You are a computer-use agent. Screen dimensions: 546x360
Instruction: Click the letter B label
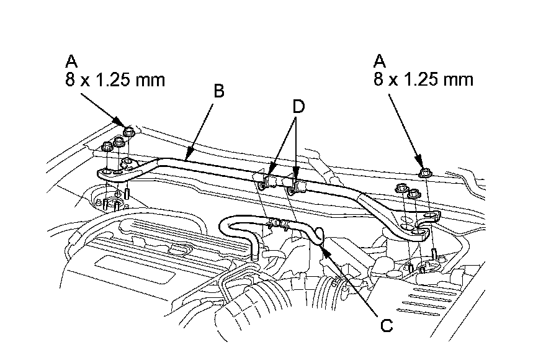coord(218,91)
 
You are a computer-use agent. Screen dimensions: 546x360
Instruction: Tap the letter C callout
coord(387,325)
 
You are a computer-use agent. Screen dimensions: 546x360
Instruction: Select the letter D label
coord(298,107)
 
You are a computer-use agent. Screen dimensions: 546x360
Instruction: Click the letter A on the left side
coord(71,61)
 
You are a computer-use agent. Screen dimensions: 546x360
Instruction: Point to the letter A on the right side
coord(380,61)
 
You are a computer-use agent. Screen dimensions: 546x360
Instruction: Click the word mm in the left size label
coord(150,81)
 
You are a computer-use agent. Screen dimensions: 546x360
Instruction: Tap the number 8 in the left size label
coord(69,80)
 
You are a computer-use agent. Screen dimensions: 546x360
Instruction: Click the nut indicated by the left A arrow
coord(130,132)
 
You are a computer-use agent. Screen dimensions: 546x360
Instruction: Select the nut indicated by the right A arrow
coord(423,173)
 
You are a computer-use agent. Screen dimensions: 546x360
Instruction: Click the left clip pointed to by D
coord(268,182)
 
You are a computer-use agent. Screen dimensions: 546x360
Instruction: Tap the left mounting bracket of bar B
coord(115,173)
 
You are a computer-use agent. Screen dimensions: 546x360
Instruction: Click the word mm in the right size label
coord(459,81)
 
